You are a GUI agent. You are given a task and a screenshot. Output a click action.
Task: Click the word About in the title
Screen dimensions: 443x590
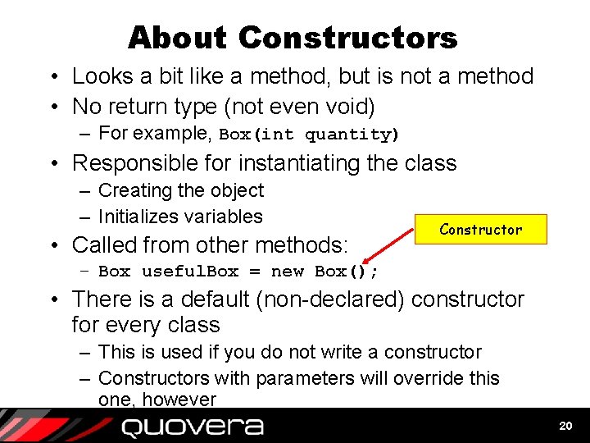[x=177, y=38]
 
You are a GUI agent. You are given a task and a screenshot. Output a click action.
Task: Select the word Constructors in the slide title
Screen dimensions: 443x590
[x=348, y=38]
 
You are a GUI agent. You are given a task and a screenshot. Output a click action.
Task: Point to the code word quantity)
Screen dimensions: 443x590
[x=352, y=135]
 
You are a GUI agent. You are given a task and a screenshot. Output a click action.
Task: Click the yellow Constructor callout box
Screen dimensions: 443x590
[x=480, y=230]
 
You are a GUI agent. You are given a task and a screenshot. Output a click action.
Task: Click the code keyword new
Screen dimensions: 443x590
[x=287, y=272]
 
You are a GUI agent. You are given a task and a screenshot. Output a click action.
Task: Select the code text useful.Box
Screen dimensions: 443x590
[x=190, y=272]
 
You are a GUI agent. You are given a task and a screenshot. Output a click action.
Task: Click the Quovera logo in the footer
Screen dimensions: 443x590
[x=192, y=427]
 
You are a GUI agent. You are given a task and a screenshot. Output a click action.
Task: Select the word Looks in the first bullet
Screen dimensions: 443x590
[x=103, y=76]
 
